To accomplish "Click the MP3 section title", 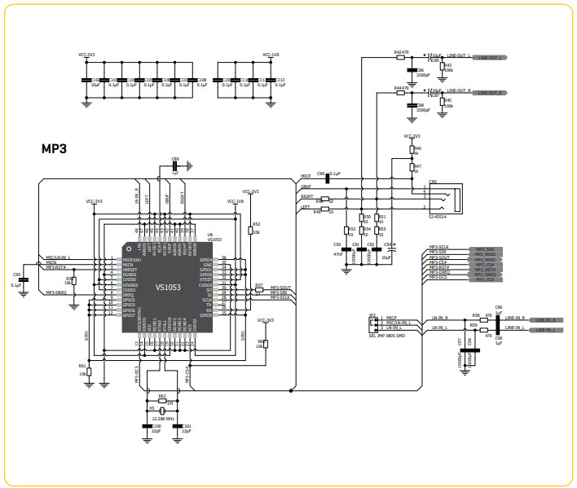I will pos(54,150).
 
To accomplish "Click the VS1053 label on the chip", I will pos(168,287).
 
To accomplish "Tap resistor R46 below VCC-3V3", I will pos(412,152).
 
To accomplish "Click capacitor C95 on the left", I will pos(23,279).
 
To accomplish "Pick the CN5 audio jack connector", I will pos(444,196).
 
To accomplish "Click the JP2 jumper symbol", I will pos(373,324).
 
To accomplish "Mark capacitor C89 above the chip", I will pos(174,166).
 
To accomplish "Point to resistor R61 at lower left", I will pos(90,370).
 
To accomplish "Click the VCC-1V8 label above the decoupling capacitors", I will pos(271,55).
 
